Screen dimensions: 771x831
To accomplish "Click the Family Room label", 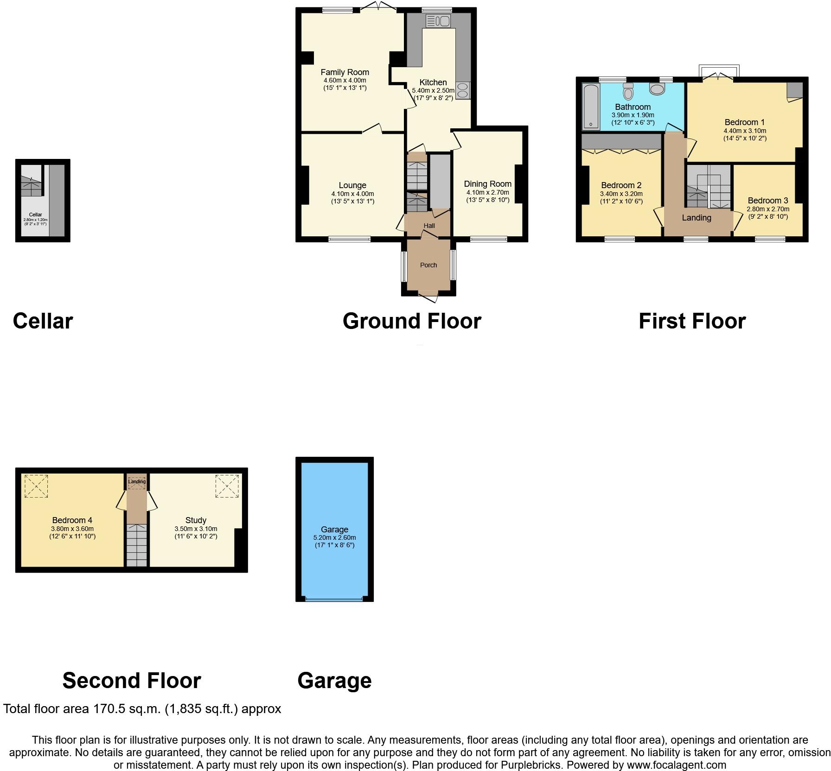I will pos(345,72).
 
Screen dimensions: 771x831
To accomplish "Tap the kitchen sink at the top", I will pos(437,21).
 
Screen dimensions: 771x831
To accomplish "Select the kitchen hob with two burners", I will pos(463,90).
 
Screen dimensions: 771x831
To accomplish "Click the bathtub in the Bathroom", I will pos(590,106).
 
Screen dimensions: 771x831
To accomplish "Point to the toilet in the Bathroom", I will pos(628,92).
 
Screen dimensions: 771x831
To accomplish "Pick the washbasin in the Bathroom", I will pos(657,88).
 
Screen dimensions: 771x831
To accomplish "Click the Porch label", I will pos(428,265).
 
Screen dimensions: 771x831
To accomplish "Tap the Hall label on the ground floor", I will pos(429,226).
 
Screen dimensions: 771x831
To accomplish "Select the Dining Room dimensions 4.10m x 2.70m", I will pos(487,192).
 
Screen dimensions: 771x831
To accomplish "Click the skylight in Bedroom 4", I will pos(36,486).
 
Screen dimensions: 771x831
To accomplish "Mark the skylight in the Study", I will pos(227,486).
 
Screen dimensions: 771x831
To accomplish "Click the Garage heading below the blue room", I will pos(334,681).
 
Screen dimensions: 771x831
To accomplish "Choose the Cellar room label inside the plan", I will pos(36,215).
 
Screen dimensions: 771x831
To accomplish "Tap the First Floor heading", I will pos(692,321).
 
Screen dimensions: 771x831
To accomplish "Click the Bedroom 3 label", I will pos(767,201).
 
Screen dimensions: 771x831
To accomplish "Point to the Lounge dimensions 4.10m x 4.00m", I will pos(352,194).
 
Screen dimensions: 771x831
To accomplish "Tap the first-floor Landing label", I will pos(696,218).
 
